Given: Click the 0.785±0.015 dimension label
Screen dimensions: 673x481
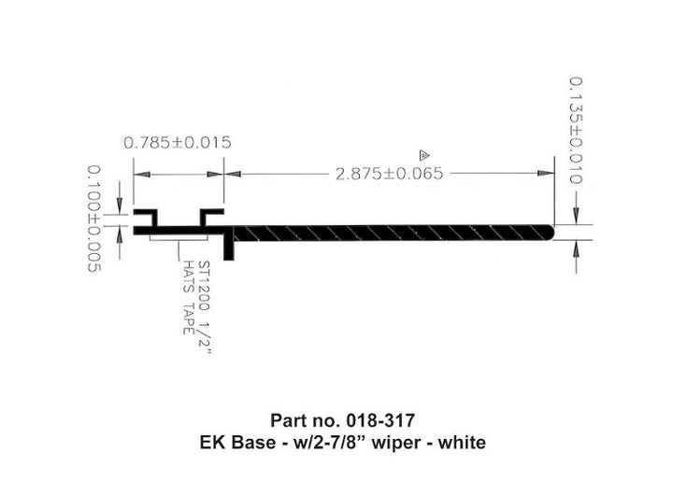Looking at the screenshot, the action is [x=178, y=142].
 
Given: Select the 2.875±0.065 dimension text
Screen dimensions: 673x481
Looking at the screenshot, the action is [x=389, y=174].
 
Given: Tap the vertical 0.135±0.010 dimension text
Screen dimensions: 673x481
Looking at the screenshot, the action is [x=576, y=131].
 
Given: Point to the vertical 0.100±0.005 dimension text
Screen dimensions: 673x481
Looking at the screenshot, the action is [x=94, y=219].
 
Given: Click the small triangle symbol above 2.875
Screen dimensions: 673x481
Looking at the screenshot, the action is [x=424, y=155].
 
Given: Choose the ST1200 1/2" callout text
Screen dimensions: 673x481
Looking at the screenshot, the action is [x=205, y=307].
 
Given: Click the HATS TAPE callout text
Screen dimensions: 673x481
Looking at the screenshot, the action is [x=188, y=297].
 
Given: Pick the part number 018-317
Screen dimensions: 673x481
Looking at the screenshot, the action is [x=380, y=420].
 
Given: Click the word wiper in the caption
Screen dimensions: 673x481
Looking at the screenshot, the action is [x=395, y=443].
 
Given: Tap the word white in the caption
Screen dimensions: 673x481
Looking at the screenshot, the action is [x=462, y=443].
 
